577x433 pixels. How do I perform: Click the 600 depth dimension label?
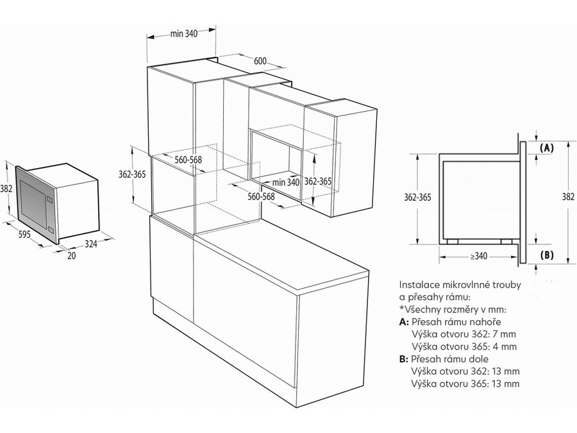pos(260,61)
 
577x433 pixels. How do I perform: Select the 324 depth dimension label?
pos(91,244)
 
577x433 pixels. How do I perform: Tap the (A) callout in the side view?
pos(547,148)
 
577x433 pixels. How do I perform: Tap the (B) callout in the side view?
pos(547,255)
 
